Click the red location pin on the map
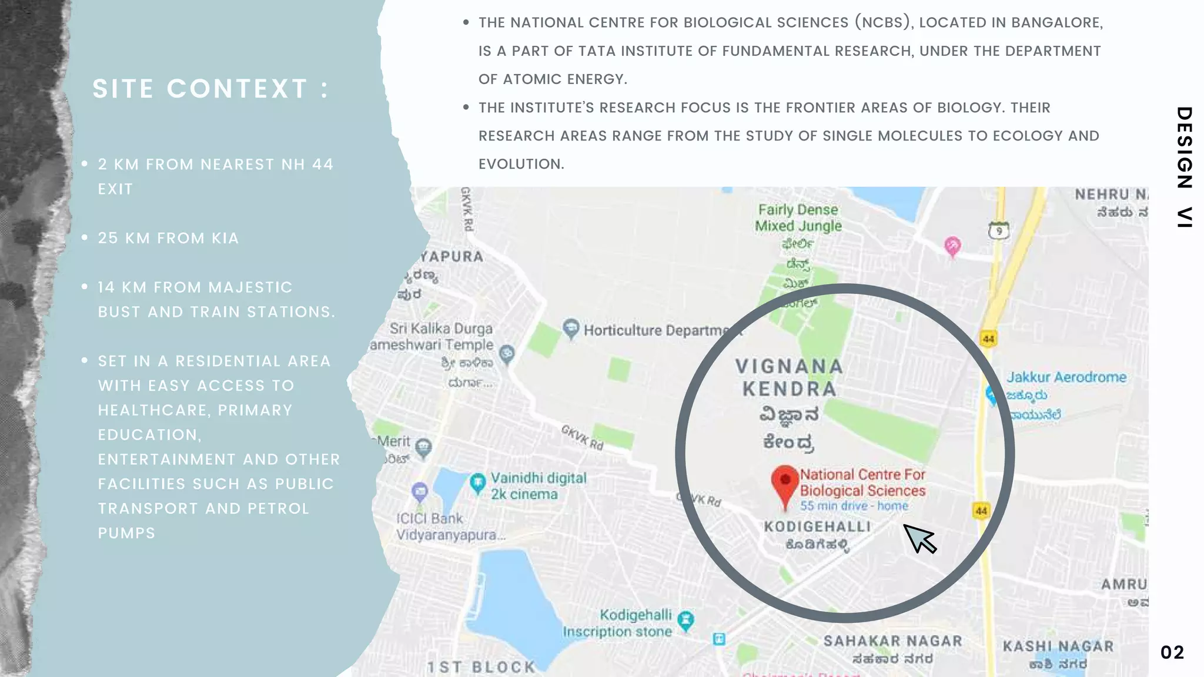click(785, 484)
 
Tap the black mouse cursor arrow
click(918, 538)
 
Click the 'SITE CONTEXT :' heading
click(210, 89)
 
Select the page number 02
click(1172, 652)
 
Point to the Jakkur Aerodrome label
click(1066, 377)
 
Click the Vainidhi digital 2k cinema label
click(538, 486)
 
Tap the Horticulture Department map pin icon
click(570, 329)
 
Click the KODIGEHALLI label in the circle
click(817, 527)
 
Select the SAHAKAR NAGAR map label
click(892, 641)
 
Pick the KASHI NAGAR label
click(1058, 646)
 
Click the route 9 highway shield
click(998, 231)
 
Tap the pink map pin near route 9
click(952, 246)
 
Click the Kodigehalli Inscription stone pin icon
click(685, 621)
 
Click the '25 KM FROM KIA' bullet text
click(168, 238)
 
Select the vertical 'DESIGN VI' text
click(1184, 167)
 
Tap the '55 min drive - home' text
click(854, 506)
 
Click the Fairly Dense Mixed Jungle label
click(798, 218)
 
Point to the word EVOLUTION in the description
click(521, 164)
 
